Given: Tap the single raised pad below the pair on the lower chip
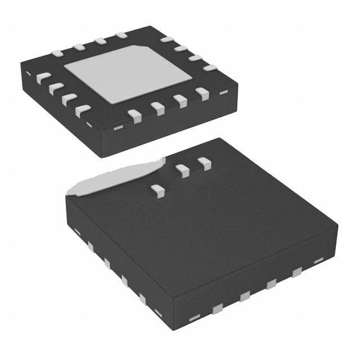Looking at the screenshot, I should (x=158, y=191).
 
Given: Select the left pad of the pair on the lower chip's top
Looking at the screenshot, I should (x=182, y=170).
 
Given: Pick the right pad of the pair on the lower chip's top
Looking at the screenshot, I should (x=204, y=164).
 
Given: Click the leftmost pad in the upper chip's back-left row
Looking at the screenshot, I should (x=57, y=54).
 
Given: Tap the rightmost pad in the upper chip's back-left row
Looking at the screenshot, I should (x=121, y=35).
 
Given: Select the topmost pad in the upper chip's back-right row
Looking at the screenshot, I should (x=166, y=39).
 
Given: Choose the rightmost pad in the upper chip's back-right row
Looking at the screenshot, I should (x=210, y=67).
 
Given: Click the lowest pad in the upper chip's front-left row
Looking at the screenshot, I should (x=83, y=110).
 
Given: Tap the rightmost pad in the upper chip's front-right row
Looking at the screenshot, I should (x=202, y=93).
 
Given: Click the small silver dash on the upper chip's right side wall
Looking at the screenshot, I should (x=223, y=92).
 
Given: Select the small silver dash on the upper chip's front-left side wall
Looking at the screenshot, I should (x=89, y=124).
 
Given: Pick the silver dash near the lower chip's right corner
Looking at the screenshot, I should (x=318, y=260).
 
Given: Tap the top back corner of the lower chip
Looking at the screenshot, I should (x=220, y=138).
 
